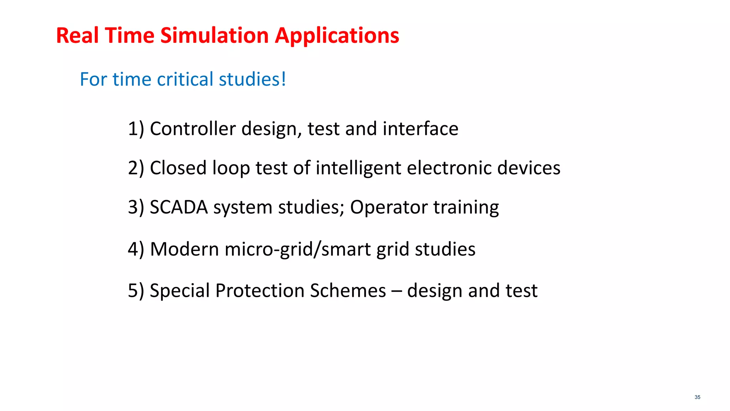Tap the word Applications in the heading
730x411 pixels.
coord(337,36)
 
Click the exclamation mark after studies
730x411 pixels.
coord(284,79)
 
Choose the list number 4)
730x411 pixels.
coord(136,249)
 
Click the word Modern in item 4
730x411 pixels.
coord(184,249)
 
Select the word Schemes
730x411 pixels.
coord(348,290)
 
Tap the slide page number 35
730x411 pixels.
coord(697,397)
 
